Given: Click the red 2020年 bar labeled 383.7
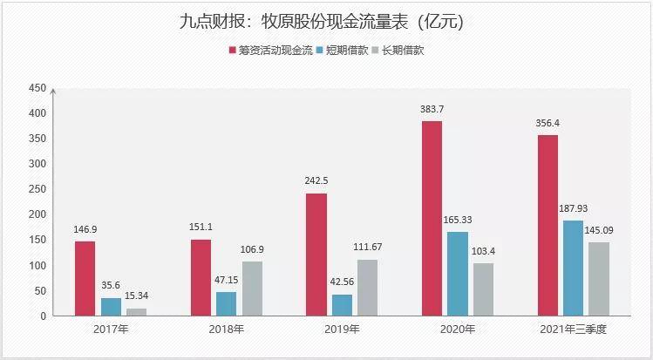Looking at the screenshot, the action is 432,219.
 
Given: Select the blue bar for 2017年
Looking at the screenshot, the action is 111,307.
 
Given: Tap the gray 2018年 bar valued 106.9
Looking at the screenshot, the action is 252,289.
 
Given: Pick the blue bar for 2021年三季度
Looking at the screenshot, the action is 573,268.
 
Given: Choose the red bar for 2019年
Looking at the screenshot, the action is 316,255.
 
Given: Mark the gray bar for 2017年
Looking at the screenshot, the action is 137,312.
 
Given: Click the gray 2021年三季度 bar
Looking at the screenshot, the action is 599,279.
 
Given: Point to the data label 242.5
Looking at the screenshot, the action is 316,180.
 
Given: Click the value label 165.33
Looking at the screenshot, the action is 457,220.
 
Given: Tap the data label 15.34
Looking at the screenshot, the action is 137,295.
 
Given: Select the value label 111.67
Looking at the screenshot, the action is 367,247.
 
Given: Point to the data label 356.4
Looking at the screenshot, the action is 548,123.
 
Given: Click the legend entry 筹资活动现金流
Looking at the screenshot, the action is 270,51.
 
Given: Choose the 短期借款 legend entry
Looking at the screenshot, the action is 343,51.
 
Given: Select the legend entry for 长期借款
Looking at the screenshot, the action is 398,51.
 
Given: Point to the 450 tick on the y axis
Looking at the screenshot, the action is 37,88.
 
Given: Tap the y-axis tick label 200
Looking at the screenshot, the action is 37,214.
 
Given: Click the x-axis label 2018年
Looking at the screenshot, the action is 226,329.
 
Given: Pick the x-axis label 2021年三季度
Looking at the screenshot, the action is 573,329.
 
